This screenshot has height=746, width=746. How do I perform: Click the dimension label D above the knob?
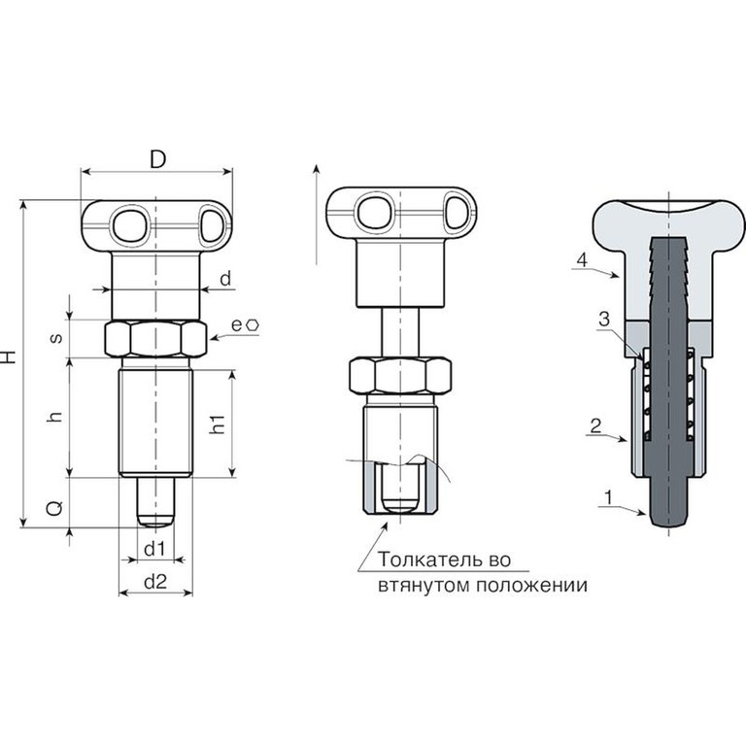tap(158, 159)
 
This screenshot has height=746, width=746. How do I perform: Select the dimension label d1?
tap(154, 550)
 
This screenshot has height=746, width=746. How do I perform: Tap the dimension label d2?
tap(155, 582)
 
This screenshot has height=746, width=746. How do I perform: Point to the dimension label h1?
tap(217, 424)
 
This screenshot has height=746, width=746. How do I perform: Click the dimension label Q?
tap(54, 509)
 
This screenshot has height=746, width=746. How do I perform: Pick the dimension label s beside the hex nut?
tap(56, 338)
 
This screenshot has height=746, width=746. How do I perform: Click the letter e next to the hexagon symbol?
tap(237, 325)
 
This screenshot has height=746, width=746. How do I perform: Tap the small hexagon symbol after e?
tap(253, 325)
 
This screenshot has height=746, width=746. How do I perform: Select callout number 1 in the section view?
tap(608, 497)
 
